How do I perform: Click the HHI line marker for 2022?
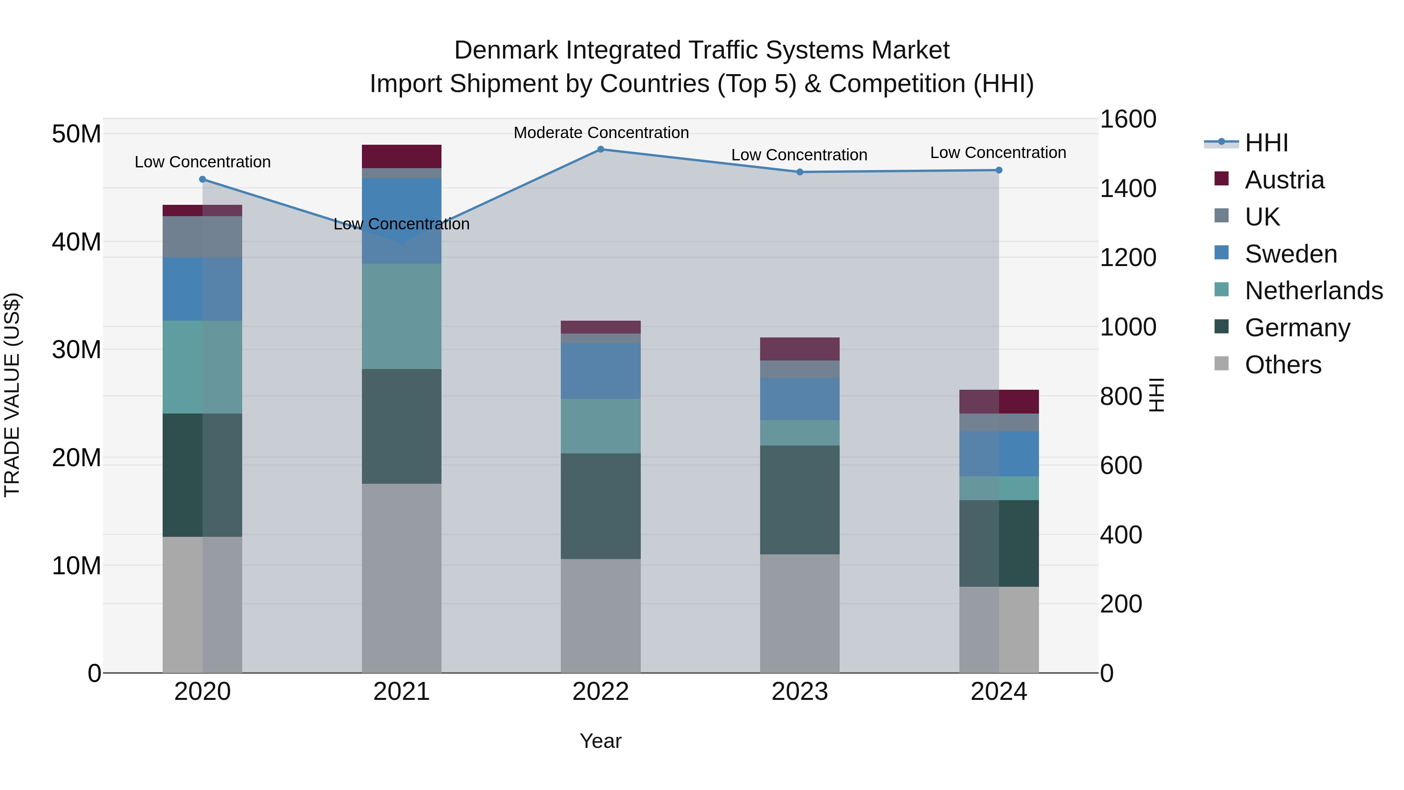601,149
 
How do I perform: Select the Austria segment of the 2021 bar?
401,156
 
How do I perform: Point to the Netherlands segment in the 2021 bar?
401,316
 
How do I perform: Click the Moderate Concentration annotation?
601,133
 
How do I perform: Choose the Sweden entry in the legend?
1291,254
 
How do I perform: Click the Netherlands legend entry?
1314,291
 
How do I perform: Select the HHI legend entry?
1266,143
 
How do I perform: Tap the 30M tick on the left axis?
76,350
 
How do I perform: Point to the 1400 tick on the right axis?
1127,189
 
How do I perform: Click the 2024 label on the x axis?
998,692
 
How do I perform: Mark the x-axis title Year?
601,741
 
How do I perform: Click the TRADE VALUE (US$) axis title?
12,395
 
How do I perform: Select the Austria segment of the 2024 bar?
998,401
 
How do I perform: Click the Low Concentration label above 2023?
799,155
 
